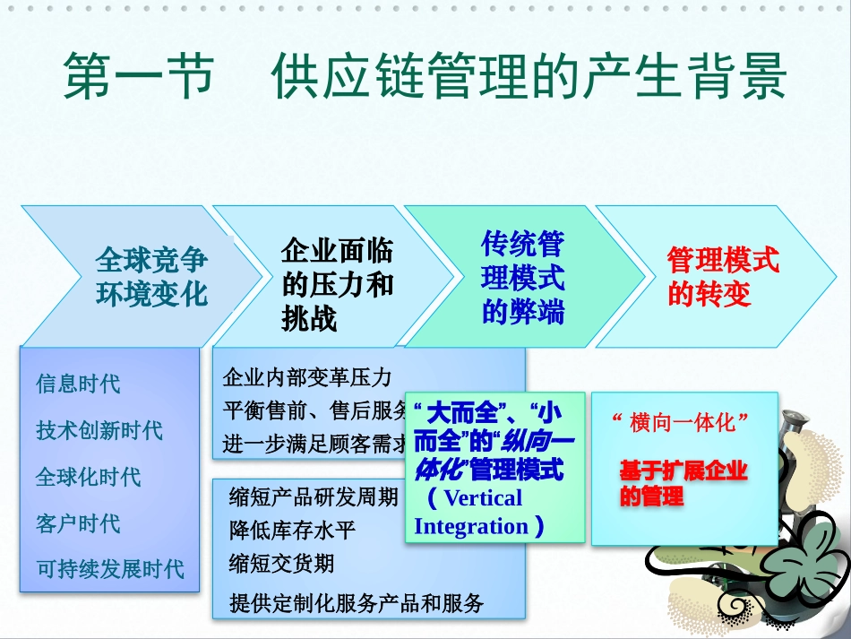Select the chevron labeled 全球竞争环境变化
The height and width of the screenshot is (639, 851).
tap(150, 277)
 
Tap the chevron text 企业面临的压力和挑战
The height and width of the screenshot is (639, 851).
tap(337, 285)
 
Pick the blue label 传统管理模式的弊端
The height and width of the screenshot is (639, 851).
tap(523, 277)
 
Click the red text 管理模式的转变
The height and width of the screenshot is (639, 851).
tap(723, 277)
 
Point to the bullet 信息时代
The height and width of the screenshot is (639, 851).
tap(78, 384)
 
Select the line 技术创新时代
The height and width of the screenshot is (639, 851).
tap(99, 430)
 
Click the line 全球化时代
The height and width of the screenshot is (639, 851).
tap(88, 477)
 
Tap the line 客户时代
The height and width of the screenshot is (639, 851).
tap(78, 523)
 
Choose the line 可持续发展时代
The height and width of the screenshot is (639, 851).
tap(109, 569)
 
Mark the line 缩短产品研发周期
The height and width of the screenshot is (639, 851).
tap(314, 497)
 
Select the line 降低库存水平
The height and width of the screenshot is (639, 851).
tap(292, 531)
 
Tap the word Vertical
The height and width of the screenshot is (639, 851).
tap(482, 498)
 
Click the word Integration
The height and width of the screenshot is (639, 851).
tap(471, 527)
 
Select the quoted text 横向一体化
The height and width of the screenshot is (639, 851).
tap(681, 422)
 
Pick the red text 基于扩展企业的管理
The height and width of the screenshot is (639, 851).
tap(683, 483)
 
